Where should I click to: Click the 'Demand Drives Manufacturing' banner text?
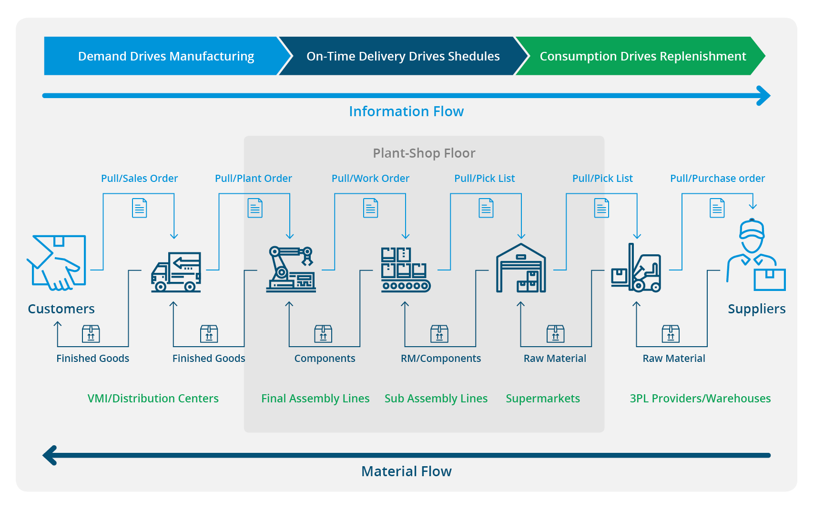pyautogui.click(x=166, y=56)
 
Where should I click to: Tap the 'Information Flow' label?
pyautogui.click(x=406, y=111)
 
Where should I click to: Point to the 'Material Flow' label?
pyautogui.click(x=406, y=471)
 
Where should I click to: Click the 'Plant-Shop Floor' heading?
pyautogui.click(x=424, y=153)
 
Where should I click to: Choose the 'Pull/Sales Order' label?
pyautogui.click(x=139, y=178)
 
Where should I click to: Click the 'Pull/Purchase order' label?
pyautogui.click(x=717, y=178)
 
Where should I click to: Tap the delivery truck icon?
pyautogui.click(x=176, y=272)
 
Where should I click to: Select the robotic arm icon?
pyautogui.click(x=291, y=270)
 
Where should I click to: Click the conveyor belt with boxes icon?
pyautogui.click(x=406, y=270)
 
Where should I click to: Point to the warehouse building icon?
pyautogui.click(x=521, y=268)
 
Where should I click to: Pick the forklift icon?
pyautogui.click(x=636, y=268)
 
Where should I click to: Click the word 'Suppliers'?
pyautogui.click(x=757, y=309)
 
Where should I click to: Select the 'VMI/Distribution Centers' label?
pyautogui.click(x=153, y=399)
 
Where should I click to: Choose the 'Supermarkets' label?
pyautogui.click(x=543, y=399)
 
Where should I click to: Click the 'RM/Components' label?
pyautogui.click(x=441, y=358)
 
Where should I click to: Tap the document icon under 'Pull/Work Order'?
pyautogui.click(x=370, y=208)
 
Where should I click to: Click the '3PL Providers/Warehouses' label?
pyautogui.click(x=700, y=399)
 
